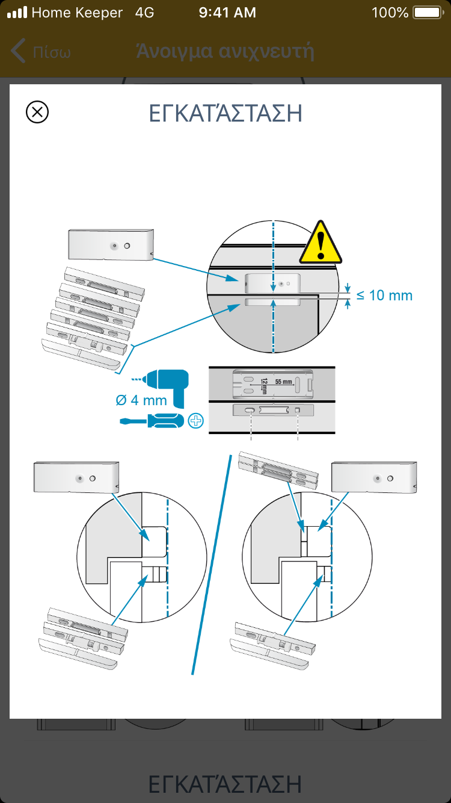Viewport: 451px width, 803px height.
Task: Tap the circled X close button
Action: click(x=37, y=112)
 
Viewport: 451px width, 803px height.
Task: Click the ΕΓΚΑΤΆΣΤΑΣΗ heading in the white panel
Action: click(x=225, y=113)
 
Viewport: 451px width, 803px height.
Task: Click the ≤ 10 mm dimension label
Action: click(x=384, y=296)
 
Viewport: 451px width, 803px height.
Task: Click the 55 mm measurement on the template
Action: click(x=283, y=382)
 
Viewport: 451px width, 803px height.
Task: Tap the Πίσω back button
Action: click(x=41, y=51)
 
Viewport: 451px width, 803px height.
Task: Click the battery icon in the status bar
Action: click(x=428, y=12)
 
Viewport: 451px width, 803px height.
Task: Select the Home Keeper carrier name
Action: click(x=77, y=12)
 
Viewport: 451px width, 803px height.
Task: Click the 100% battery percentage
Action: click(x=390, y=12)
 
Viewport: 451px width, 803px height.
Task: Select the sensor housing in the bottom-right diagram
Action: click(x=374, y=477)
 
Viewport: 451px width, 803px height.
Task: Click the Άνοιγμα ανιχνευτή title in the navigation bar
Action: click(x=226, y=51)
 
